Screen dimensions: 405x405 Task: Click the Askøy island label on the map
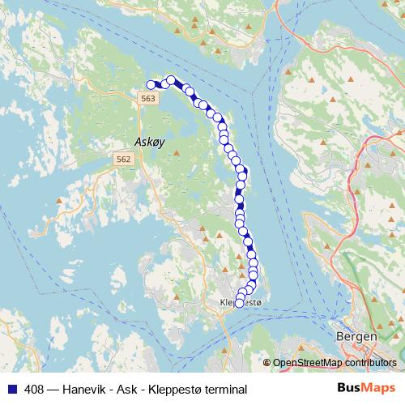click(150, 141)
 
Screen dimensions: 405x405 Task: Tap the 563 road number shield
click(147, 97)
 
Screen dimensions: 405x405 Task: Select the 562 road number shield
click(123, 160)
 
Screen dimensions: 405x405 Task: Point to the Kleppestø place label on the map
click(242, 303)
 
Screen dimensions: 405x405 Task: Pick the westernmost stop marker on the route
click(151, 84)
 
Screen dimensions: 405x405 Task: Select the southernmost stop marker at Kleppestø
click(238, 304)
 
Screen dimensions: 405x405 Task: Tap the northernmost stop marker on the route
click(171, 79)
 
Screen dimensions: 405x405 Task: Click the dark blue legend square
click(10, 389)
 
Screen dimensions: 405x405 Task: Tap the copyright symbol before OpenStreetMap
click(267, 363)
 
